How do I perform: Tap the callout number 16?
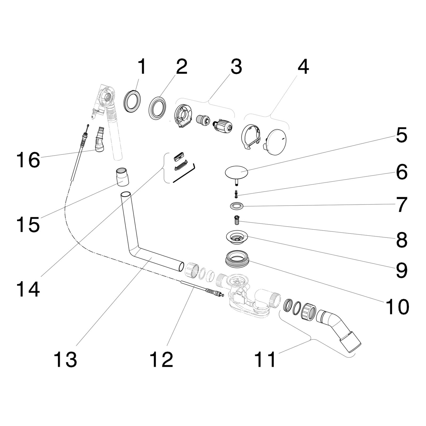pos(28,160)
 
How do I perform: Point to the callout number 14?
pos(28,289)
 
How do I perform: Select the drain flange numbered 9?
pos(236,237)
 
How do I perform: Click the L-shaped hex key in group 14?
pos(184,174)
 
